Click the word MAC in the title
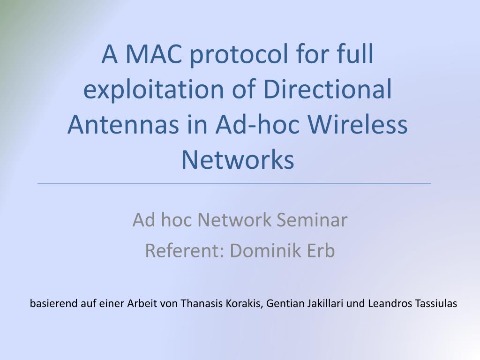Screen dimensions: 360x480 [154, 54]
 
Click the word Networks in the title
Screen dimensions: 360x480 [238, 160]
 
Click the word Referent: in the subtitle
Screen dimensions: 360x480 [185, 251]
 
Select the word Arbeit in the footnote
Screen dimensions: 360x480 [142, 303]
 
